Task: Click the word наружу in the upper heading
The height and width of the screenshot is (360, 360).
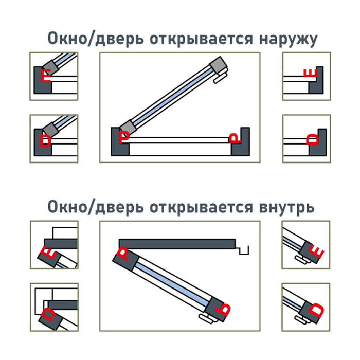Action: coord(288,39)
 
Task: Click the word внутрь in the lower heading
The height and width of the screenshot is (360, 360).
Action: coord(286,207)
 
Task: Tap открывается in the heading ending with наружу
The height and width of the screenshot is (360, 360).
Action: coord(202,39)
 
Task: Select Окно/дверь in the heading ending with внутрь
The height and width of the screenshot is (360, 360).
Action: coord(96,207)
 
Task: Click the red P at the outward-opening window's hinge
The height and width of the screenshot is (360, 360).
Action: coord(124,137)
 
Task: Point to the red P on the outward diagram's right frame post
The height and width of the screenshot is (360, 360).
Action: coord(235,138)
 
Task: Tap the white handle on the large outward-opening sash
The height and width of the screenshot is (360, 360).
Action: coord(220,77)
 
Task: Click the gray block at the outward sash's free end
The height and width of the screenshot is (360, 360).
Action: coord(218,65)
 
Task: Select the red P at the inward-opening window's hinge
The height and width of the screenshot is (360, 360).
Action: coord(123,254)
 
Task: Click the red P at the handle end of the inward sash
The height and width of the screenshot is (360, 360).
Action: coord(223,309)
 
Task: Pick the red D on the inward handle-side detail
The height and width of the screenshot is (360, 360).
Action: coord(316,310)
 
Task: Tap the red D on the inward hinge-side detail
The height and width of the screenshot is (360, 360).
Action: coord(48,314)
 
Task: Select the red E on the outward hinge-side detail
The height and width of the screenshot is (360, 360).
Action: coord(46,76)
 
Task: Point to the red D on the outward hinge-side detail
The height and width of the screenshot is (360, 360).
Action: coord(45,140)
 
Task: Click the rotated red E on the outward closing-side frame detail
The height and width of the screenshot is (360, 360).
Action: coord(310,73)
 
